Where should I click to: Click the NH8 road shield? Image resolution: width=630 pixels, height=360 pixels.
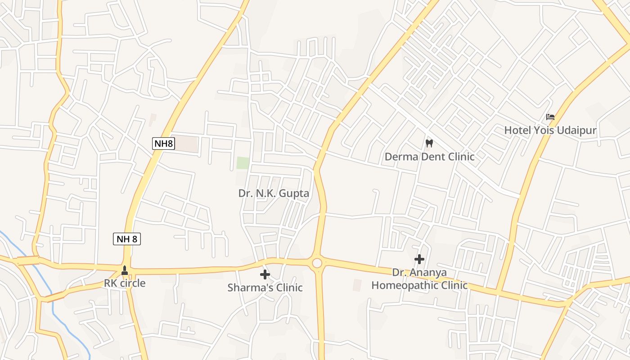(163, 144)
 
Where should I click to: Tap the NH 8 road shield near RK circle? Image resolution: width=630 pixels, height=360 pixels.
(126, 239)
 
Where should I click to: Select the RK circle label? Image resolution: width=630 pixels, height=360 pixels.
(125, 283)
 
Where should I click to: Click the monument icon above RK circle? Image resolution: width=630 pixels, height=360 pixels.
(125, 270)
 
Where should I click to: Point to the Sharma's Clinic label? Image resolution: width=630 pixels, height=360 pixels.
(265, 287)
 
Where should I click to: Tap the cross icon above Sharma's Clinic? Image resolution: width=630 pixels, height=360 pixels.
(265, 274)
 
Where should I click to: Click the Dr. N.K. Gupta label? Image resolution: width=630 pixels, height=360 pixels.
(274, 193)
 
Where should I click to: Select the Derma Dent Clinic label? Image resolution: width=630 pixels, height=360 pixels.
(429, 157)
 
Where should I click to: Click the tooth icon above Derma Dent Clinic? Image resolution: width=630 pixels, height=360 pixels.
(429, 144)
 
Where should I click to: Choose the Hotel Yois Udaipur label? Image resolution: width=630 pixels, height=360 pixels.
(550, 130)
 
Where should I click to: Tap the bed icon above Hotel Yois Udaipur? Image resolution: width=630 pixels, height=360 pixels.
(550, 117)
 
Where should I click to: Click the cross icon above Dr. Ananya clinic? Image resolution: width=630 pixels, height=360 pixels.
(419, 259)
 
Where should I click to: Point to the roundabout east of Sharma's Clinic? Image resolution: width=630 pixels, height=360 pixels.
(317, 263)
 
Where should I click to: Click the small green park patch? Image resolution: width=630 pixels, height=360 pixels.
(243, 163)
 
